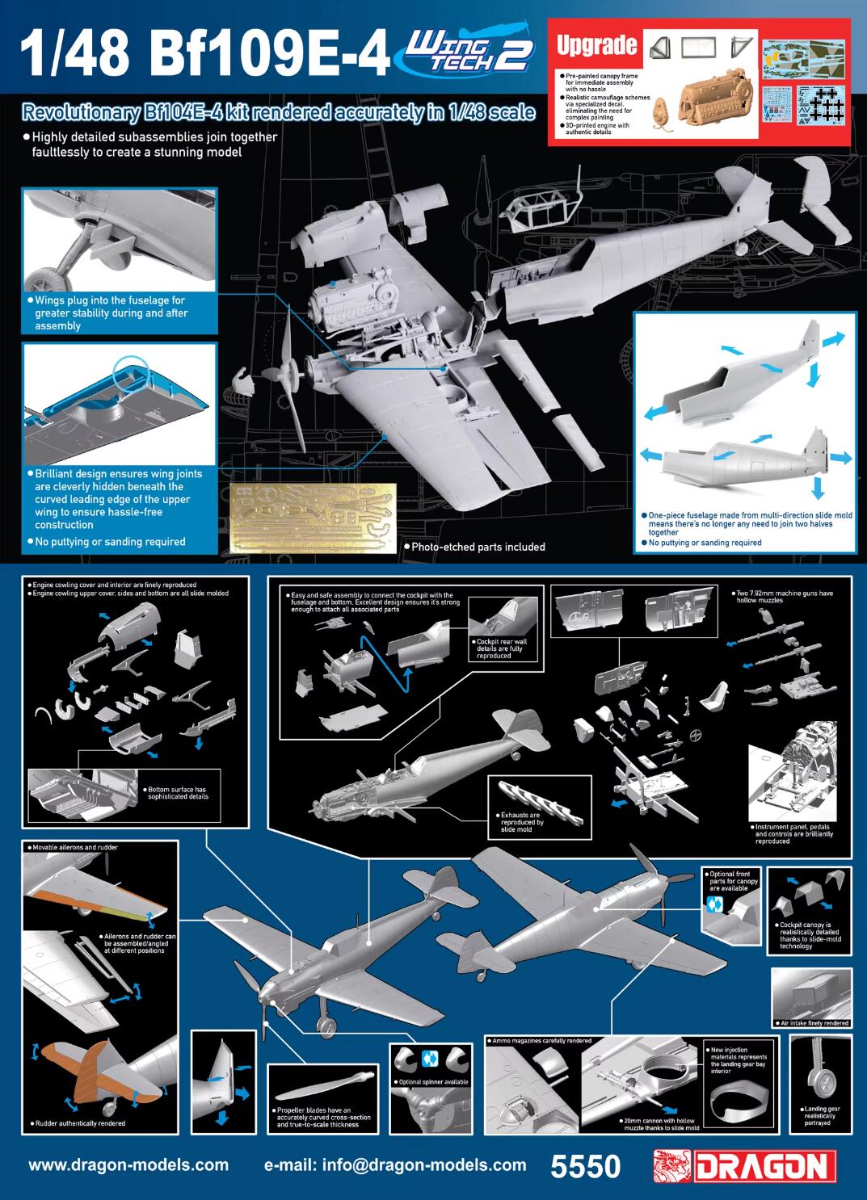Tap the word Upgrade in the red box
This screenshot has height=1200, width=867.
tap(596, 45)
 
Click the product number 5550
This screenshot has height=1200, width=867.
tap(585, 1166)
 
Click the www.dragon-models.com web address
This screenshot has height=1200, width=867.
tap(128, 1165)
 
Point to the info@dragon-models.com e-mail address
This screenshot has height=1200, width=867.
tap(395, 1165)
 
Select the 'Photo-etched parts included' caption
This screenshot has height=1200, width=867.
tap(478, 547)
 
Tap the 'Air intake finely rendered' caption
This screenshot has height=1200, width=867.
tap(814, 1022)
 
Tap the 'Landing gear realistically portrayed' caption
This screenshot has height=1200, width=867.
tap(822, 1115)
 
